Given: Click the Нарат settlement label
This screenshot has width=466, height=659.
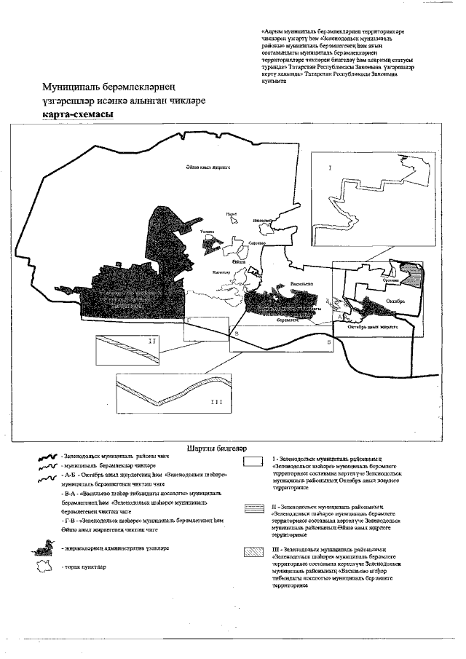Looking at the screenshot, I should point(232,213).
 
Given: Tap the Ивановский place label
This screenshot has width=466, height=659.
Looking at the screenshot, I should point(261,219).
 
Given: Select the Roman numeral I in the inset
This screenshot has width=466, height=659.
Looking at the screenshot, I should point(330,168).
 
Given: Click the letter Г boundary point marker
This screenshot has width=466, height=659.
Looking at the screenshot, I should point(189,320).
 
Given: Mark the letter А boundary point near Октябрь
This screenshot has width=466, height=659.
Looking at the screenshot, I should point(341,317).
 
